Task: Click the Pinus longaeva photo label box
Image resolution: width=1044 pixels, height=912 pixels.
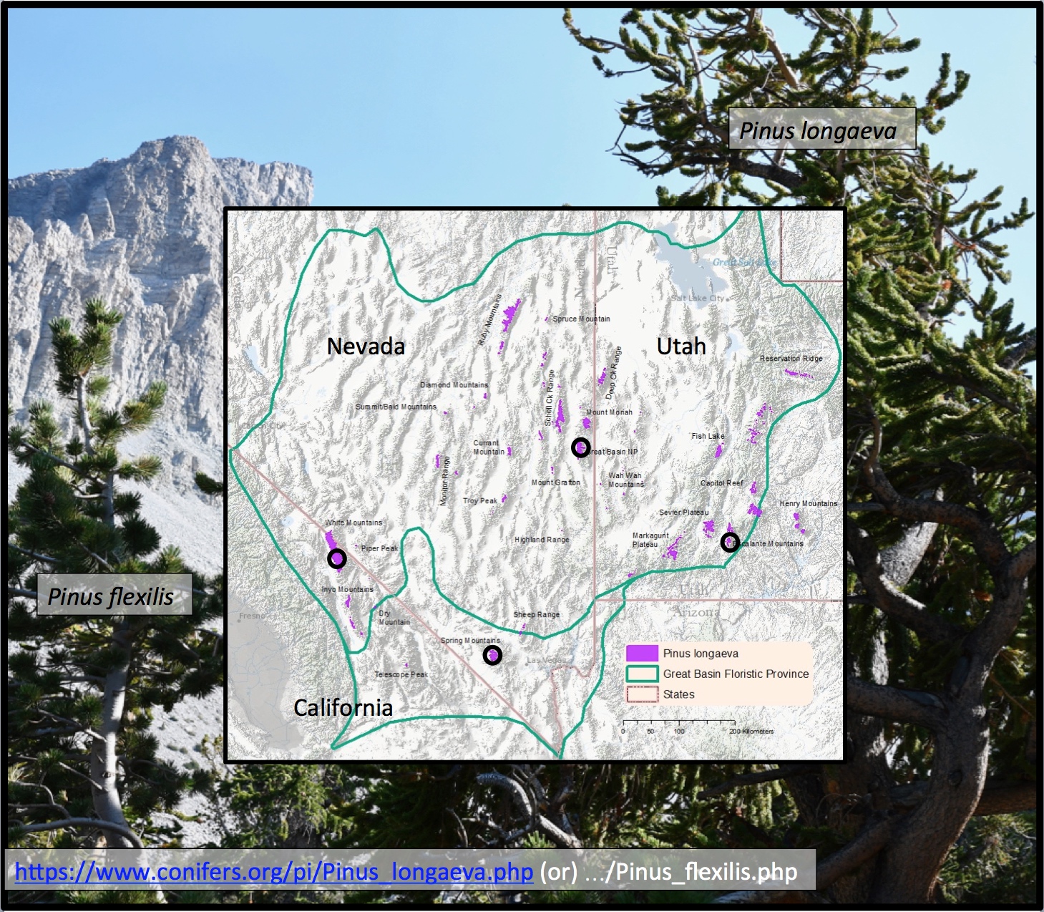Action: click(821, 130)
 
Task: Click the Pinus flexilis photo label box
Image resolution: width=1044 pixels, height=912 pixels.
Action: click(113, 596)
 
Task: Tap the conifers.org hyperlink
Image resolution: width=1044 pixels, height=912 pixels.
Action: click(274, 871)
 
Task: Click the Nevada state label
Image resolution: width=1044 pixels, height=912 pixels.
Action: click(366, 346)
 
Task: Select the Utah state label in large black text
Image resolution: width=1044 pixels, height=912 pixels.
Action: click(681, 346)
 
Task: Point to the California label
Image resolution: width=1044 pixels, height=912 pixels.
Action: click(343, 707)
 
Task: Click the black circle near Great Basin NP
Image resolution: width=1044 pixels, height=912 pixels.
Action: click(581, 447)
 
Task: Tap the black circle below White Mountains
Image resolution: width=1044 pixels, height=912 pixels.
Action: click(337, 558)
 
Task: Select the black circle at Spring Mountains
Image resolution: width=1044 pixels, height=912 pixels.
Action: click(492, 655)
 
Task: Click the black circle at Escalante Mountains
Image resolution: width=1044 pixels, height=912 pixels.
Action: click(729, 542)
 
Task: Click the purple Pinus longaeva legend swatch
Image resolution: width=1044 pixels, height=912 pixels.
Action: click(642, 653)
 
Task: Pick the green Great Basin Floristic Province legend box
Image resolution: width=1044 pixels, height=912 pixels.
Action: click(642, 674)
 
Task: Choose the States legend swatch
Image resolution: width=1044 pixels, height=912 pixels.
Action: click(642, 694)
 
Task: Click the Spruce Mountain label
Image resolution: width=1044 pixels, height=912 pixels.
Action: click(581, 319)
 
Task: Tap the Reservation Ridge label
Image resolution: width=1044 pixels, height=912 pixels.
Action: click(791, 358)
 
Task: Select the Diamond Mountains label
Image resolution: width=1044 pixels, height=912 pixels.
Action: click(454, 384)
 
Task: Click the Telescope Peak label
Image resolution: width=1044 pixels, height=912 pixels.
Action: click(401, 674)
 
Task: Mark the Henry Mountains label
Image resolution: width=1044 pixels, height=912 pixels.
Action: click(808, 503)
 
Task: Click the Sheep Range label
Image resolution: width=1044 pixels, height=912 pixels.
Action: click(536, 614)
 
